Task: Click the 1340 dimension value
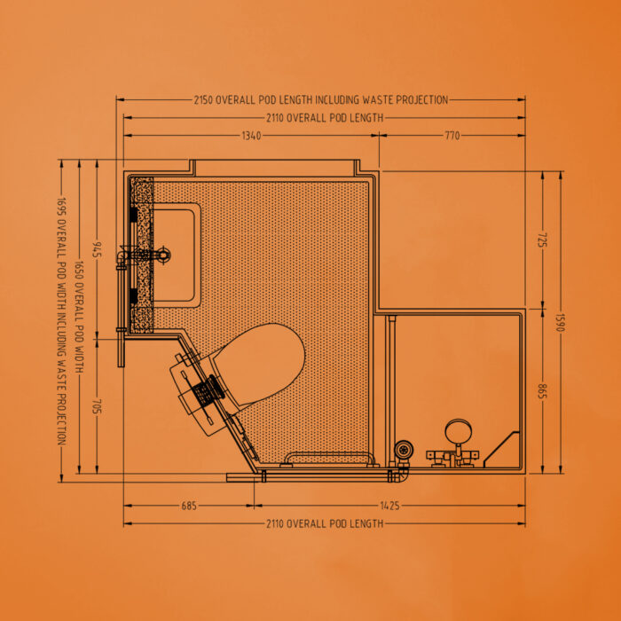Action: tap(251, 136)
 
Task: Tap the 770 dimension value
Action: tap(452, 136)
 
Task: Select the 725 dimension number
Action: tap(542, 240)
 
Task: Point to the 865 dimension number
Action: tap(542, 392)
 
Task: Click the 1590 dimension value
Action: tap(560, 322)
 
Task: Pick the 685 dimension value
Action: tap(189, 506)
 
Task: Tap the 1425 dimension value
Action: tap(390, 506)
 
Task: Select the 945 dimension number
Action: tap(97, 249)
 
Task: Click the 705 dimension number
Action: tap(97, 406)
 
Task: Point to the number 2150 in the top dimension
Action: tap(203, 99)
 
